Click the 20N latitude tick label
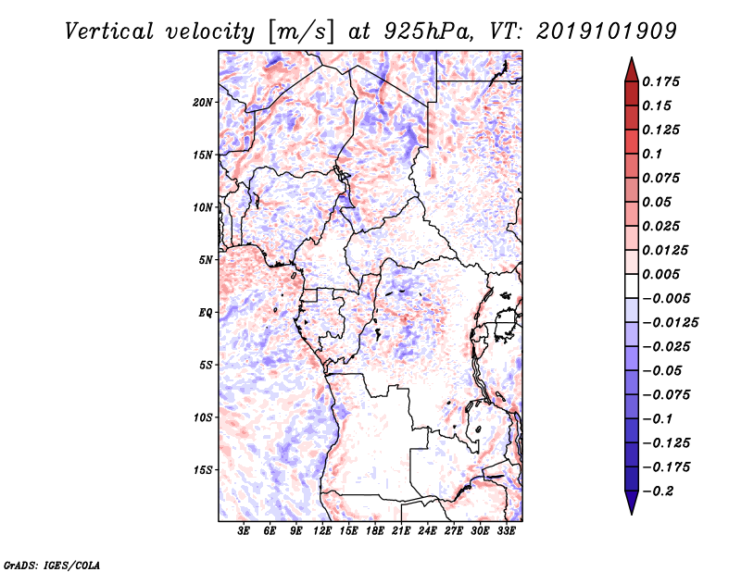[x=203, y=102]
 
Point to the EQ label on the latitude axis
[x=206, y=312]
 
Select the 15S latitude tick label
[x=203, y=469]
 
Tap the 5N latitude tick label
[x=206, y=259]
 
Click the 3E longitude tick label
[x=244, y=532]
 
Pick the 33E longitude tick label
[x=506, y=532]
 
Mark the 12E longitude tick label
[x=322, y=532]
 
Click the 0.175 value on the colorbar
[x=662, y=81]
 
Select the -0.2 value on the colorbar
[x=659, y=491]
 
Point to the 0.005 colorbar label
[x=662, y=274]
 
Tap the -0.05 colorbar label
[x=662, y=370]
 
